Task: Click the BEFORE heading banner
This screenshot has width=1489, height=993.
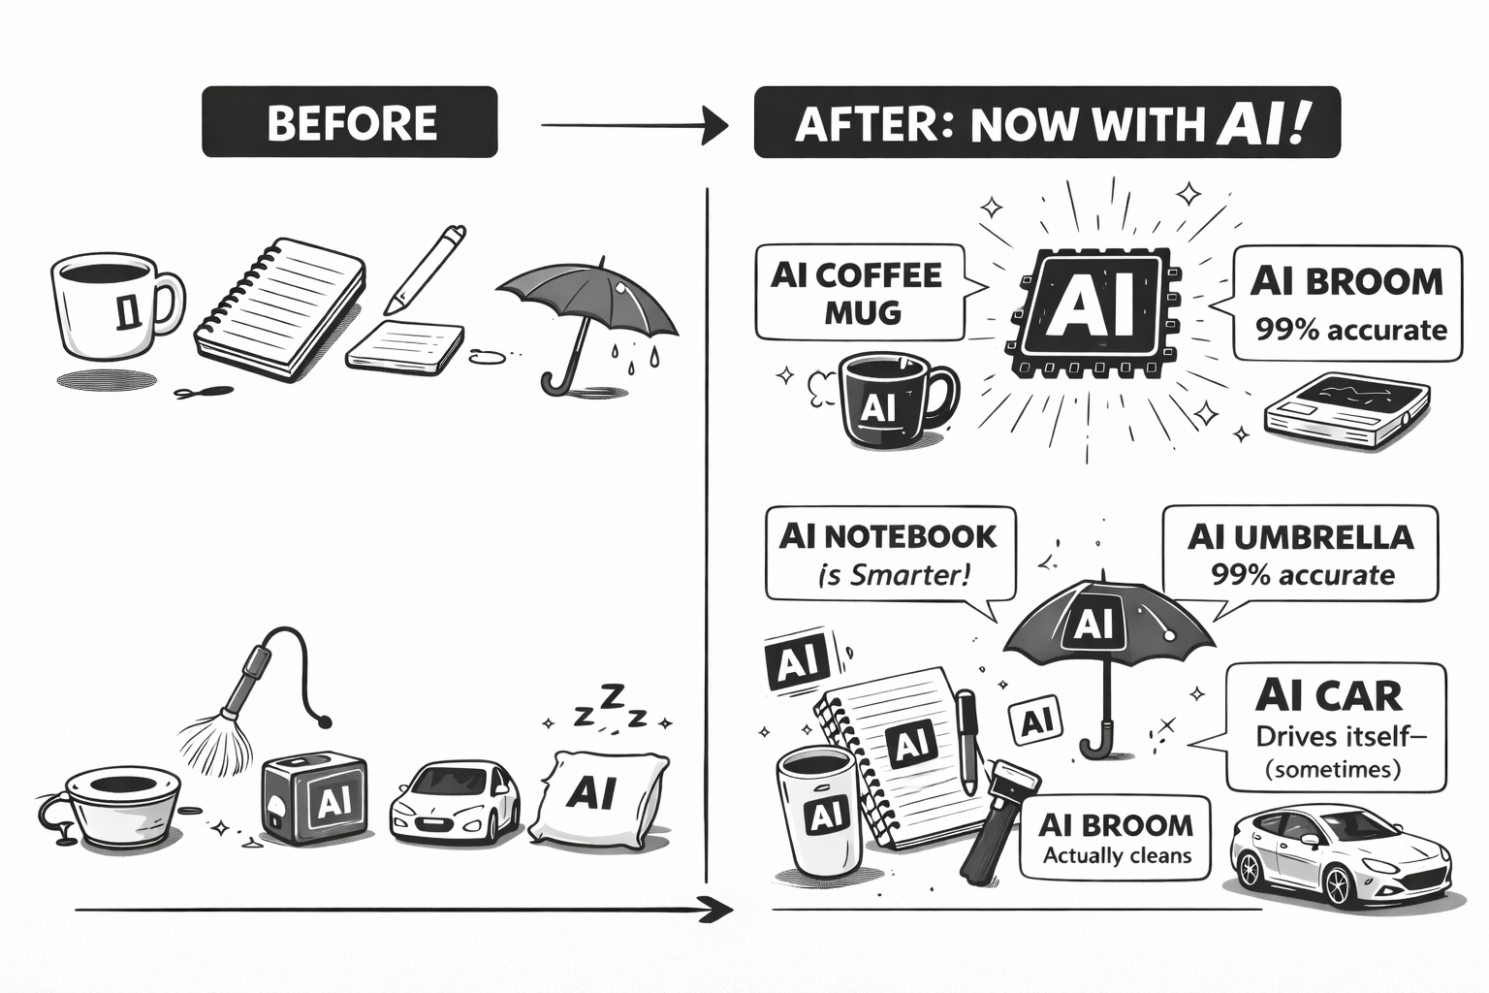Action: point(349,122)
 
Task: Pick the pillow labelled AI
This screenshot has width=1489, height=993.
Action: point(596,797)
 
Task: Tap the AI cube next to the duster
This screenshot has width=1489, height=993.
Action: point(315,800)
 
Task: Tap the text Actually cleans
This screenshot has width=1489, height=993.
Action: point(1117,856)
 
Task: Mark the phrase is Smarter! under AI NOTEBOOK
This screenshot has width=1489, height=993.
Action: point(893,576)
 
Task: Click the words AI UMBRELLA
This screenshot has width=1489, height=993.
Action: point(1300,536)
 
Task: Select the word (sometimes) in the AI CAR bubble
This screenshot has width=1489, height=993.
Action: point(1335,770)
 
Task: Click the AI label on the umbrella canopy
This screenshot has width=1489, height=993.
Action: point(1093,624)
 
